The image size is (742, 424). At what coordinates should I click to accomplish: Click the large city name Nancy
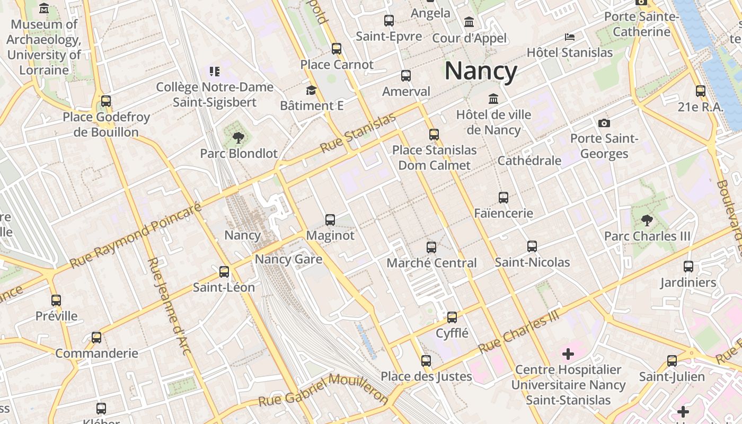point(481,71)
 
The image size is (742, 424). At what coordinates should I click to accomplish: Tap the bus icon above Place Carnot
point(337,49)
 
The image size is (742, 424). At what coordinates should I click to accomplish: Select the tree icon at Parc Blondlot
point(238,138)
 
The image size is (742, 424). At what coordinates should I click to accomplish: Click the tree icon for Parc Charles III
point(647,220)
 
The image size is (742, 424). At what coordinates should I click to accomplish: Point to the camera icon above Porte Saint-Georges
point(604,123)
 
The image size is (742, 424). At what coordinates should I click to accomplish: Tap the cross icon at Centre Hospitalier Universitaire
point(568,354)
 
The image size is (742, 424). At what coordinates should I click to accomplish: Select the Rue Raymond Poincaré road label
point(136,234)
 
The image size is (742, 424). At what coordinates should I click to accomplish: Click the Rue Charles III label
point(519,332)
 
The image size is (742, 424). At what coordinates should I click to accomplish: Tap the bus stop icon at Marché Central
point(431,247)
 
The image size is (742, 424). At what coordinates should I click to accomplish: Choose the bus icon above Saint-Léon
point(224,272)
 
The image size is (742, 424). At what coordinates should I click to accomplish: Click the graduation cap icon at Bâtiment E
point(311,90)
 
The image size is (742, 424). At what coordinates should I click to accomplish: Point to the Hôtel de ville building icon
point(493,99)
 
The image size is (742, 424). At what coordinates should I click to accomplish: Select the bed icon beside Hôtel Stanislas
point(569,37)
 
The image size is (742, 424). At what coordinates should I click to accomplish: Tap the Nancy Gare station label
point(288,259)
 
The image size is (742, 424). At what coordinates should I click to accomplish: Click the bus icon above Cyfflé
point(452,317)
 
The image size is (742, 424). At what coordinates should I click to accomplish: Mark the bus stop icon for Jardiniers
point(688,267)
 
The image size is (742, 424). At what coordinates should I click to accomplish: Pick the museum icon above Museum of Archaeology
point(44,8)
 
